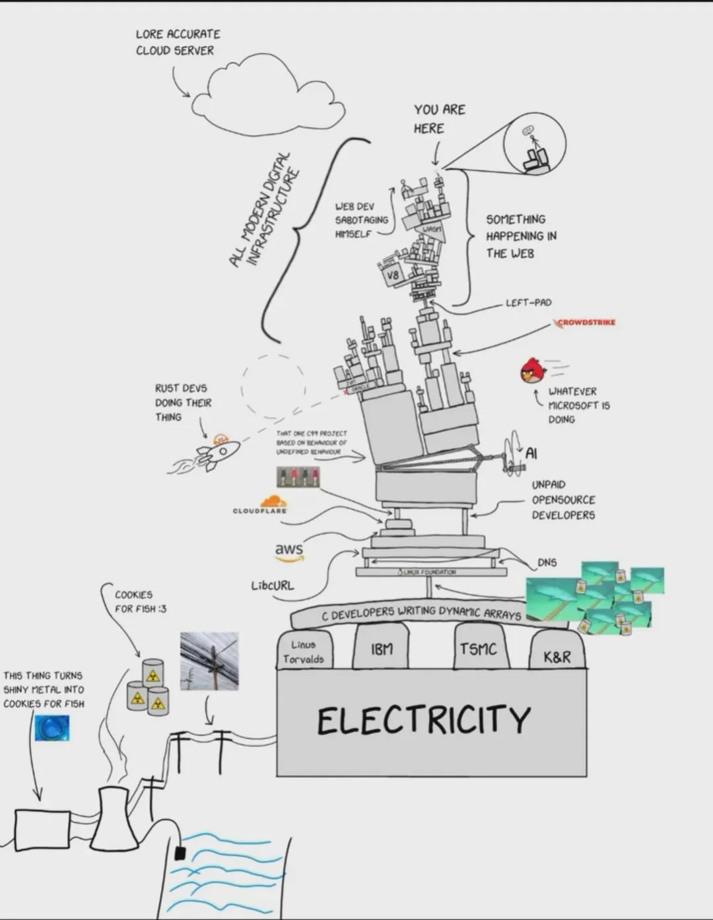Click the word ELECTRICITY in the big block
pos(423,719)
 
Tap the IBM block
pos(382,649)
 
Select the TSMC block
pos(477,649)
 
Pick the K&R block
pos(557,655)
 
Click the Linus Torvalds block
pos(304,651)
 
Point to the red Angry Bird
pos(533,371)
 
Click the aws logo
pos(289,551)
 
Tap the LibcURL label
pos(273,585)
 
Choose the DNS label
pos(547,562)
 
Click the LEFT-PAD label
pos(528,303)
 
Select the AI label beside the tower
pos(531,453)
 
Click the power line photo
pos(209,661)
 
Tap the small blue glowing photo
pos(52,728)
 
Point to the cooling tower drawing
pos(114,817)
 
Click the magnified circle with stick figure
pos(535,144)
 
